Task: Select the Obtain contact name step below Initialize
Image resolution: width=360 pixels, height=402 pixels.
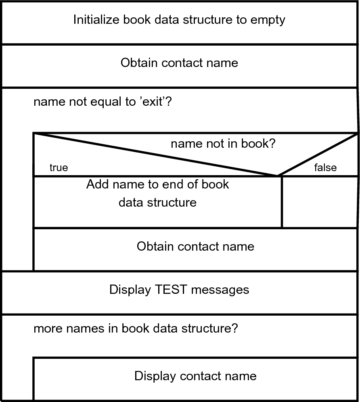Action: pyautogui.click(x=179, y=63)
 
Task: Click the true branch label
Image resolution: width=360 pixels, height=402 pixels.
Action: pyautogui.click(x=59, y=167)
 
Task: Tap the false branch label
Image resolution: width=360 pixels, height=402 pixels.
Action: pyautogui.click(x=325, y=167)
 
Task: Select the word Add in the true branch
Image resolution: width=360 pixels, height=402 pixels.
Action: pyautogui.click(x=97, y=185)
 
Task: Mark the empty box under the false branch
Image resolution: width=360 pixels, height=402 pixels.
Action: pyautogui.click(x=320, y=202)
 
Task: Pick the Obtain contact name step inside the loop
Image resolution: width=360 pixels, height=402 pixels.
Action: pyautogui.click(x=195, y=246)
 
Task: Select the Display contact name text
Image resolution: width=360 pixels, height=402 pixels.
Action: pyautogui.click(x=195, y=376)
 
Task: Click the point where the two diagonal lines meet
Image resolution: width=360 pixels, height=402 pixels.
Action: pyautogui.click(x=278, y=176)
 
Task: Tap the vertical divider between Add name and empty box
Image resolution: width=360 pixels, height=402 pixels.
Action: pyautogui.click(x=282, y=202)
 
